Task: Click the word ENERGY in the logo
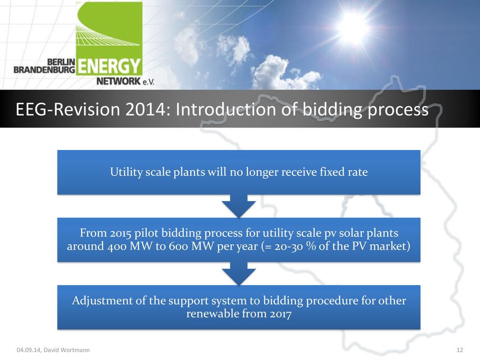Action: [109, 66]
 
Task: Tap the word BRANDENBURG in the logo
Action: [45, 69]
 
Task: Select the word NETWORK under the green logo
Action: [119, 81]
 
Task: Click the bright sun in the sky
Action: [353, 27]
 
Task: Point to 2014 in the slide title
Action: [145, 109]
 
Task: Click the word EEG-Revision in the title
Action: [68, 109]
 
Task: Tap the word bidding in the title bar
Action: [332, 110]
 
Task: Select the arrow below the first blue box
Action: [239, 206]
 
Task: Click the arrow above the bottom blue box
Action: [239, 274]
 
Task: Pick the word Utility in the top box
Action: [126, 172]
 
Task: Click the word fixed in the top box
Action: [332, 172]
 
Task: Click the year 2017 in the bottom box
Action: [281, 314]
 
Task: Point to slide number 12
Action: [459, 350]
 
